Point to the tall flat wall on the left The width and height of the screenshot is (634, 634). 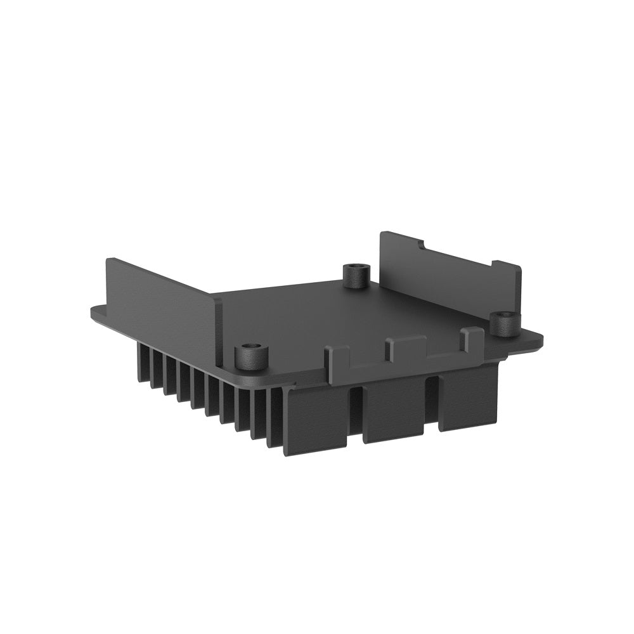(162, 304)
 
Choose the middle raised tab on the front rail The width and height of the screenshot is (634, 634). (406, 347)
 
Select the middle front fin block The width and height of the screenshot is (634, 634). (394, 409)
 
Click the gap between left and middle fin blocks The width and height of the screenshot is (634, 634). (356, 412)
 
